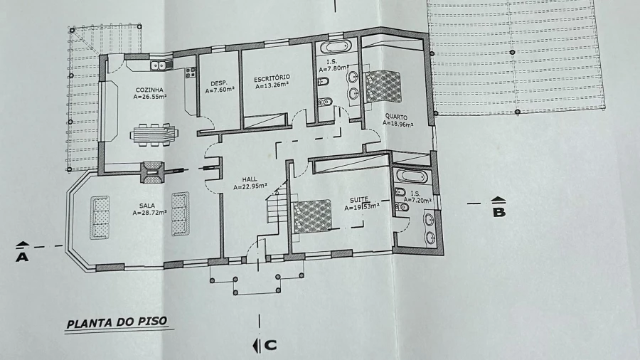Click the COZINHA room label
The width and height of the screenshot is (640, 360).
point(149,90)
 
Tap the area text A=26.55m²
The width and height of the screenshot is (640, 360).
point(150,97)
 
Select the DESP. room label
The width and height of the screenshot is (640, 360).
point(219,83)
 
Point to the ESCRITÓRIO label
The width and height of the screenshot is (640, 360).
point(272,78)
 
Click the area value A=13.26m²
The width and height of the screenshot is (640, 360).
point(272,85)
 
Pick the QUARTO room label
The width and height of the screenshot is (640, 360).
point(396,117)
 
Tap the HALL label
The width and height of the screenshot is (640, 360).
point(250,179)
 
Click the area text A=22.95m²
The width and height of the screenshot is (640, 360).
point(250,186)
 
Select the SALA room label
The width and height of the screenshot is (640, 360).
point(147,206)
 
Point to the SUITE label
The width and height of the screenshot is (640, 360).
point(359,200)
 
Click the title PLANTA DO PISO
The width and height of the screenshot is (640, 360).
point(117,322)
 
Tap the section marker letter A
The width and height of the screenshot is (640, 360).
point(22,257)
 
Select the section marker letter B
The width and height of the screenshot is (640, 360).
point(499,212)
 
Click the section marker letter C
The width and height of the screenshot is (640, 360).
point(270,345)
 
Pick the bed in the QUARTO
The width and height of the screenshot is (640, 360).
point(383,86)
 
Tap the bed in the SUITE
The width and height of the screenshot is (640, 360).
point(312,216)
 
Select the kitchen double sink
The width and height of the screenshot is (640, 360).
point(161,65)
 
